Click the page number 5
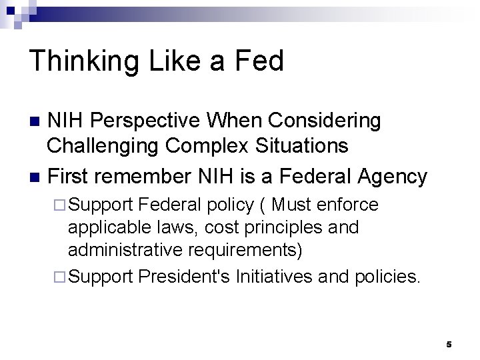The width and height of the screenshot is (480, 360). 449,344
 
